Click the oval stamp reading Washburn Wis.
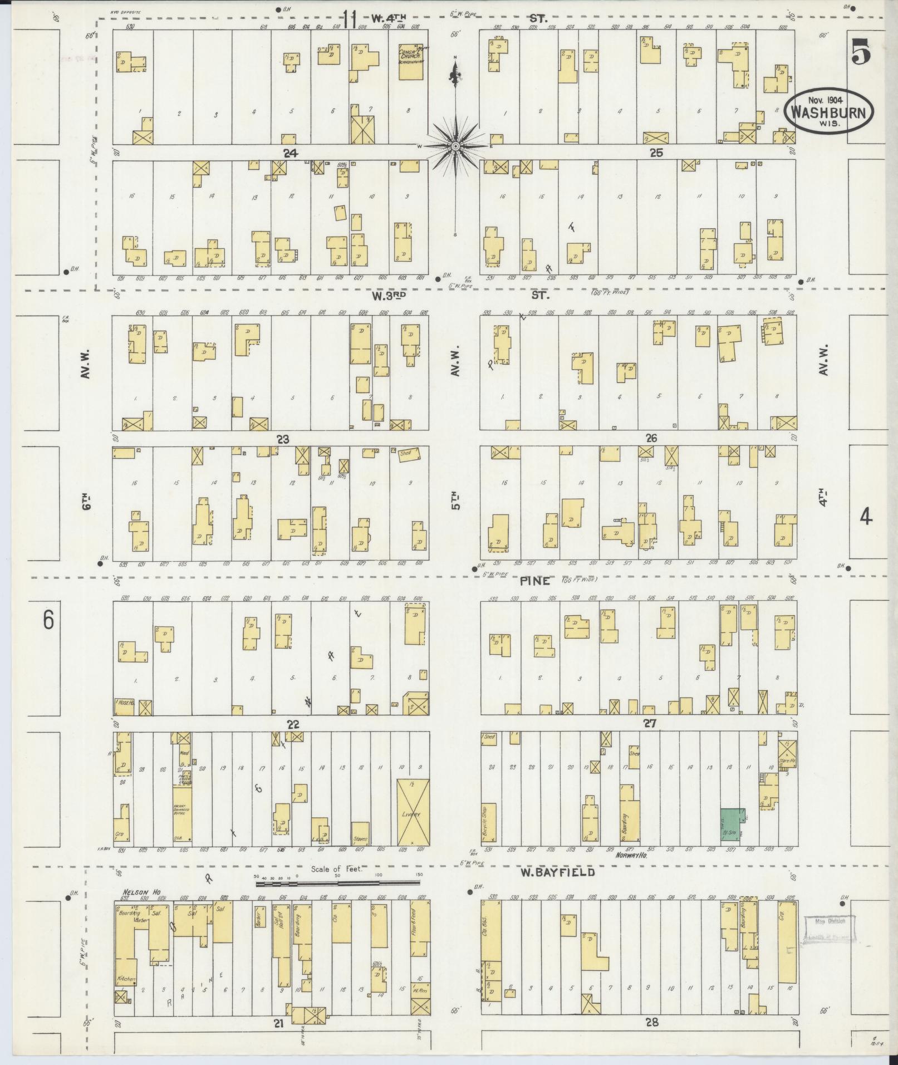828,111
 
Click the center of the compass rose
455,146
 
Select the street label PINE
535,581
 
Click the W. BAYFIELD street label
557,872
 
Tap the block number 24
289,154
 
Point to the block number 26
651,438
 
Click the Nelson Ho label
141,892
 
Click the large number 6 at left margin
48,620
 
